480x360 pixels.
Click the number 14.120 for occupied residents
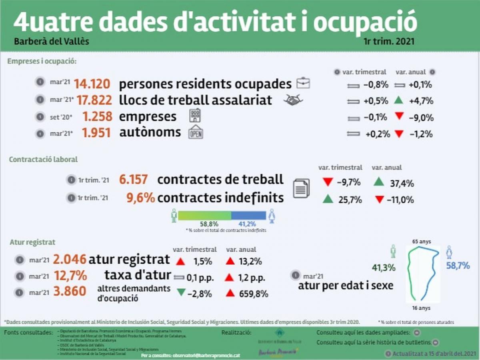point(92,84)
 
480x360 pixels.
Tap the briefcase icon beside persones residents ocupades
point(303,84)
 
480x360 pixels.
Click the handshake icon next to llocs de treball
point(293,100)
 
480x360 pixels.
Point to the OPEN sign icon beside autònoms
point(196,132)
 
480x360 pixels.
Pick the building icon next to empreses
point(195,116)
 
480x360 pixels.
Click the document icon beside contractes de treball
point(301,188)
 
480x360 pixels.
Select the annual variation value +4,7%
point(421,101)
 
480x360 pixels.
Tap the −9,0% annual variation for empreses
point(421,118)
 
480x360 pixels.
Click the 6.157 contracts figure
point(134,180)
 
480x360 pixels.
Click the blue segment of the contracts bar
point(248,215)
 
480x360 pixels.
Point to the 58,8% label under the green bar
point(209,224)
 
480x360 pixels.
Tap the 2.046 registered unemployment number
point(70,259)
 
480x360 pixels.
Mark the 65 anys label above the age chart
point(422,241)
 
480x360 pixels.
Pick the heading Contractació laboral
point(43,159)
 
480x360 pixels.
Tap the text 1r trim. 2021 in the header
point(389,42)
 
